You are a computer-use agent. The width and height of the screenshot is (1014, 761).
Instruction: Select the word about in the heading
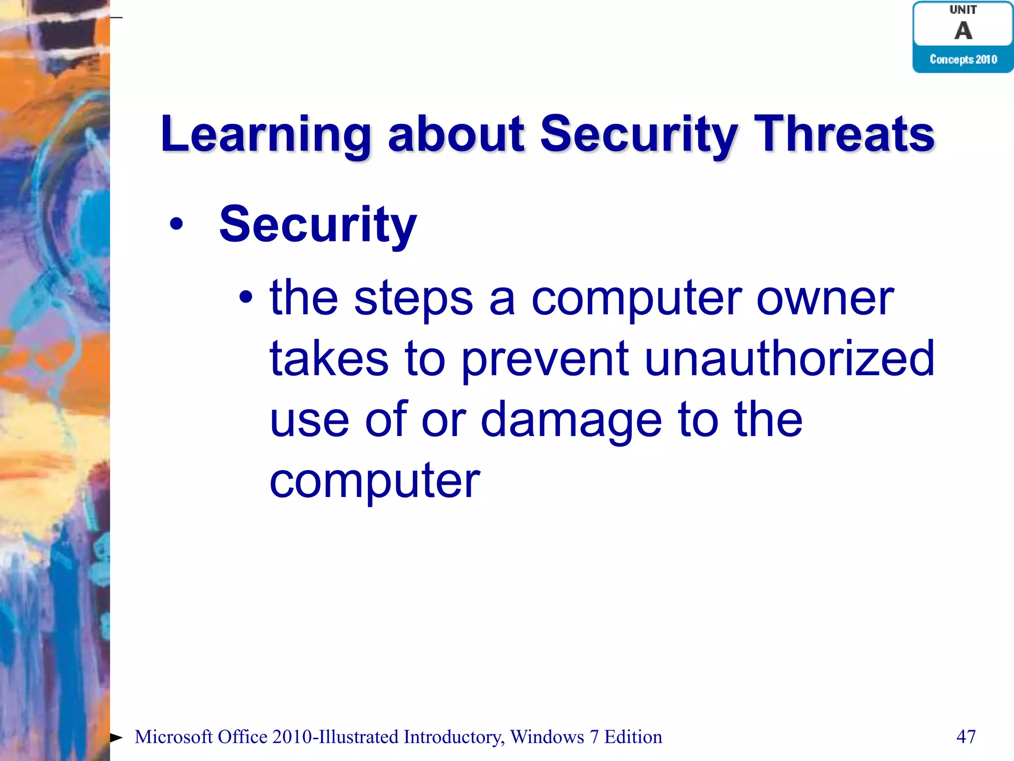pos(456,134)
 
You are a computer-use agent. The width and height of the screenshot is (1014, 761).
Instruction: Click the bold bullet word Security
pos(318,225)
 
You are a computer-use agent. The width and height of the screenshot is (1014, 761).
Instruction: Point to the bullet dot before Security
pos(176,224)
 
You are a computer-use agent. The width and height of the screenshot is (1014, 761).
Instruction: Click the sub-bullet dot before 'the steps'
pos(246,298)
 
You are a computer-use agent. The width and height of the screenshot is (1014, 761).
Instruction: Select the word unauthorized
pos(789,359)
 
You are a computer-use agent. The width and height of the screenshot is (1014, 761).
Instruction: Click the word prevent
pos(545,360)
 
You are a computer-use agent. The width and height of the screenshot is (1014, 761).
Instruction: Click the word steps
pos(413,299)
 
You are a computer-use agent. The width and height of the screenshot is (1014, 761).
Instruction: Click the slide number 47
pos(965,737)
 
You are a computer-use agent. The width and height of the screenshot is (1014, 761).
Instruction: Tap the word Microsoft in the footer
pos(173,737)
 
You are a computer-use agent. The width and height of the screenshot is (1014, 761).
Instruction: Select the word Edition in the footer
pos(633,737)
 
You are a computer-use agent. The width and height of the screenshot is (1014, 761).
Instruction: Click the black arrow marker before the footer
pos(116,738)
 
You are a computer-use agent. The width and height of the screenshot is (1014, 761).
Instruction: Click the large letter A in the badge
pos(963,31)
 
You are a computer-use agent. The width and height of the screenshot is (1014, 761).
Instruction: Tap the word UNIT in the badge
pos(963,9)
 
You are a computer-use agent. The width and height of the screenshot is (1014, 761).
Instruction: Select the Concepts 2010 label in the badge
pos(963,59)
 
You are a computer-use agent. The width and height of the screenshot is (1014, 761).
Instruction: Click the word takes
pos(329,359)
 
